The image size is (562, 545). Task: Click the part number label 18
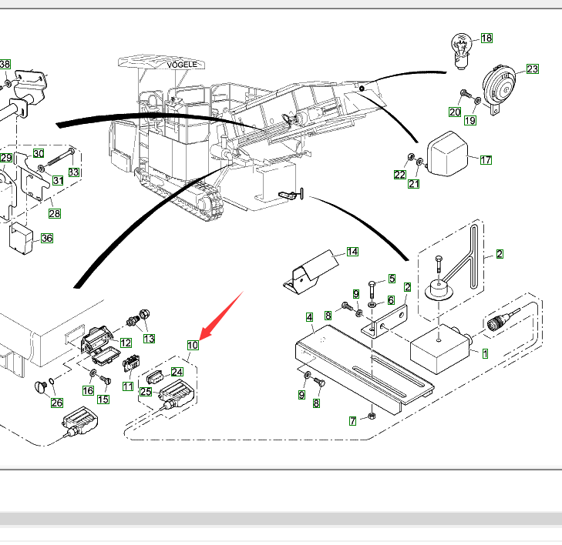tap(486, 38)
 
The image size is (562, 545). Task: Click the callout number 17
tap(486, 160)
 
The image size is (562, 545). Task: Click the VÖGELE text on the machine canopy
tap(183, 65)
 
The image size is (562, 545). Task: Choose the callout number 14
tap(352, 252)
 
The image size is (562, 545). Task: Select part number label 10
tap(193, 345)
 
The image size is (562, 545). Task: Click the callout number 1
tap(485, 354)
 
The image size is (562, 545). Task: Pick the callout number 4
tap(309, 317)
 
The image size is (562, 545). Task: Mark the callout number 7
tap(352, 420)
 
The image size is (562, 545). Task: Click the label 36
tap(47, 239)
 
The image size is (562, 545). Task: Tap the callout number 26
tap(57, 402)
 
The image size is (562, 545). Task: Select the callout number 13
tap(148, 338)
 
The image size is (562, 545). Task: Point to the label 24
tap(177, 372)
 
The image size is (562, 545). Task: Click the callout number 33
tap(73, 172)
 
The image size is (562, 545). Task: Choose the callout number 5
tap(392, 278)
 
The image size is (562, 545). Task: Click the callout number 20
tap(455, 112)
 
